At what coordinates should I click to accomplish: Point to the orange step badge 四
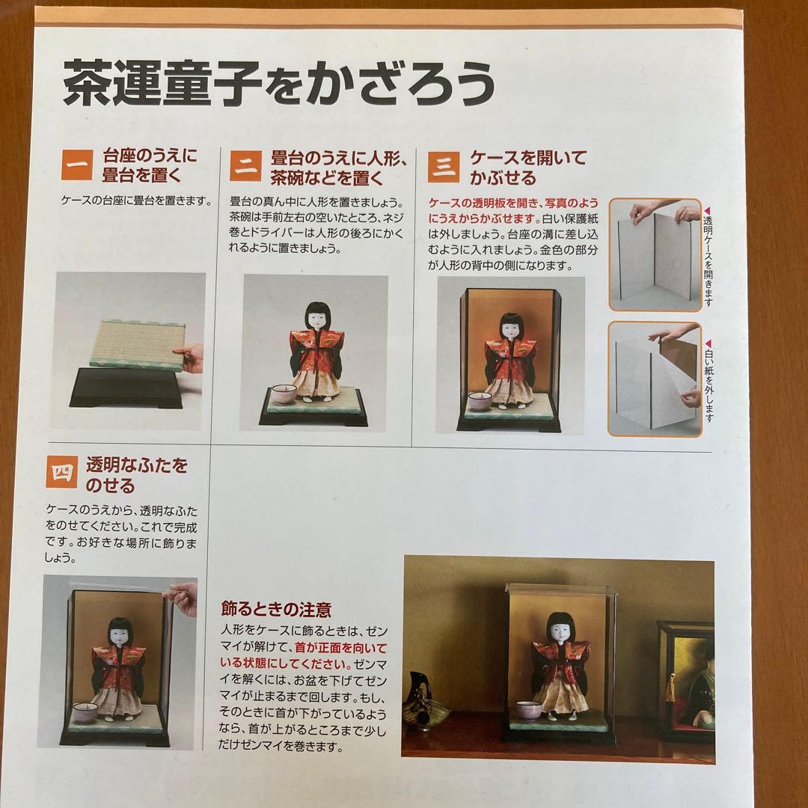click(x=61, y=474)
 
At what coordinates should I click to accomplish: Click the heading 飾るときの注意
click(x=277, y=608)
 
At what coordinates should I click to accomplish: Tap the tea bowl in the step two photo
click(x=283, y=394)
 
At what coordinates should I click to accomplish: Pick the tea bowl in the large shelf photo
click(x=530, y=711)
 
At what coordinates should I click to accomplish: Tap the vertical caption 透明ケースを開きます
click(x=708, y=254)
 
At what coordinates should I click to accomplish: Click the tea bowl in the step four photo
click(x=85, y=714)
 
